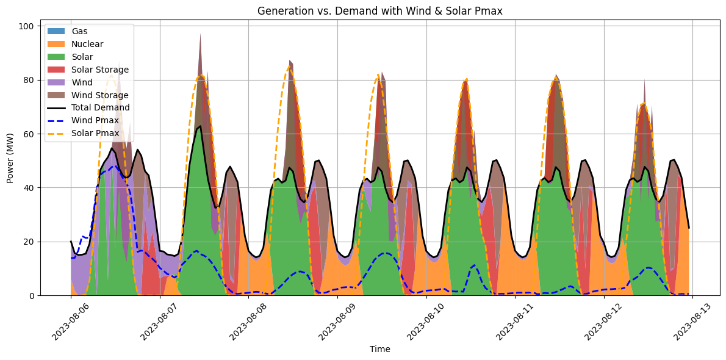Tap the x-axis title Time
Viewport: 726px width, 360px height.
380,350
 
